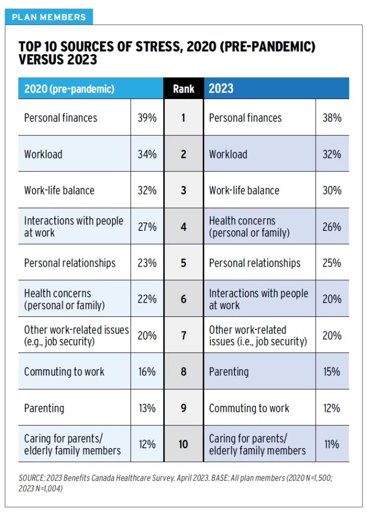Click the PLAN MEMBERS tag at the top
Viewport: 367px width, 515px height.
point(49,17)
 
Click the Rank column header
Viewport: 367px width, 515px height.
point(183,89)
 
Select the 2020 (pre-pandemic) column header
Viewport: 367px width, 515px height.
point(69,89)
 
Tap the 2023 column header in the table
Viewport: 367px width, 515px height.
point(221,89)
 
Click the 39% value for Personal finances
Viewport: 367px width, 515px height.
point(147,118)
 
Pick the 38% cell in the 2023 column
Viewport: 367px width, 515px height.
point(332,118)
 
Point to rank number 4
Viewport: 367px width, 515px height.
point(183,227)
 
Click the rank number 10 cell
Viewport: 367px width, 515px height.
point(183,444)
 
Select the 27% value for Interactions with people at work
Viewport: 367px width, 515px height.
point(147,227)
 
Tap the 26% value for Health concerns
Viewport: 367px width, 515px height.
point(332,227)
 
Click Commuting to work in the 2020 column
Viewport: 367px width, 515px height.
point(64,372)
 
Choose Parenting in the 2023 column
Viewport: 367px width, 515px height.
point(229,372)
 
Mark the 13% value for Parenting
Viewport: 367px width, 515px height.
point(147,408)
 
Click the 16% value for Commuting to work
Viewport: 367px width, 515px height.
point(147,372)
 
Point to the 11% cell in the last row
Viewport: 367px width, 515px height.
point(332,444)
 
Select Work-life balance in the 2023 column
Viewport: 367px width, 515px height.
point(244,191)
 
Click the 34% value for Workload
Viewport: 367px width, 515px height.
point(147,154)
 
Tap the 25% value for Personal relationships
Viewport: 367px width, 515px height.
point(332,263)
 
